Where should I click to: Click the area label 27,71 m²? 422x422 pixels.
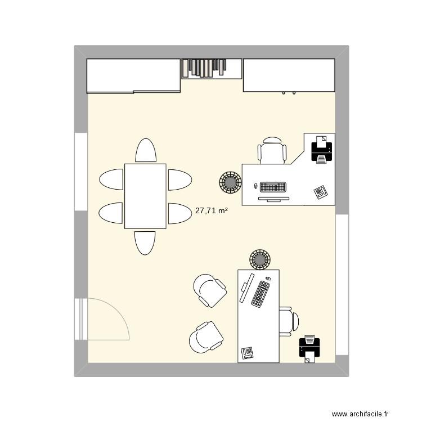click(211, 212)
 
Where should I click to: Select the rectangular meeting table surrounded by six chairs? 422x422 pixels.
click(145, 196)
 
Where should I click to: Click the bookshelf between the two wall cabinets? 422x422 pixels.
click(212, 68)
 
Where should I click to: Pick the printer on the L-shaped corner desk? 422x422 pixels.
click(321, 150)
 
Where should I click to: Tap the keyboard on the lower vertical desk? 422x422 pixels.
click(260, 293)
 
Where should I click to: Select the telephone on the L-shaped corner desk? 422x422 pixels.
click(320, 192)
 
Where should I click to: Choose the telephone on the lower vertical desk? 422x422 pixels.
click(247, 353)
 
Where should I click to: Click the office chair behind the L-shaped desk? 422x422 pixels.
click(272, 151)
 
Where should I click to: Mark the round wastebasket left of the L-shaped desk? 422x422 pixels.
click(230, 182)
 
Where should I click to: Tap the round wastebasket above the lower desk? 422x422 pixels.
click(260, 259)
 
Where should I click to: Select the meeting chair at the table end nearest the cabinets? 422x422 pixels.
click(145, 150)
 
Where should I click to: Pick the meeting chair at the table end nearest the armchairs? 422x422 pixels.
click(145, 243)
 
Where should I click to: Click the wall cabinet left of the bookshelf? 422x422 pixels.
click(133, 75)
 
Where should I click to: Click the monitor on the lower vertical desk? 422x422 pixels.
click(245, 289)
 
